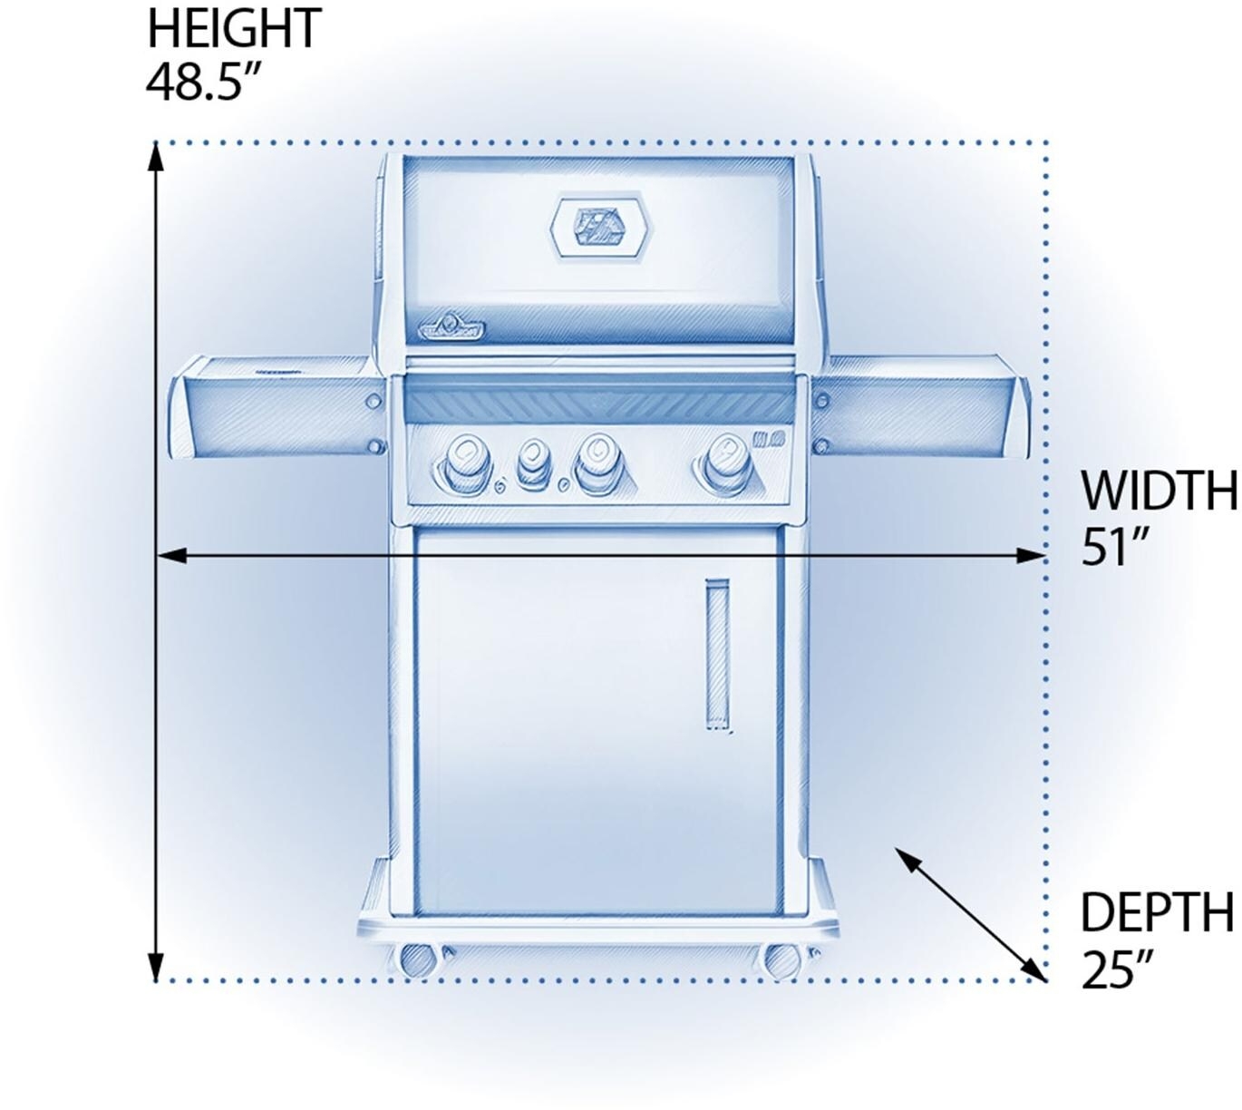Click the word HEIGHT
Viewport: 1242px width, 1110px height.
(234, 28)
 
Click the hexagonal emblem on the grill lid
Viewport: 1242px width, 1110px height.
(600, 227)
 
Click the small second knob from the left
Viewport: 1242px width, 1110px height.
(532, 463)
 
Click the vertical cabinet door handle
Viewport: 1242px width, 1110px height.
(717, 655)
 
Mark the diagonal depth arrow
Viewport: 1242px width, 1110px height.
(970, 914)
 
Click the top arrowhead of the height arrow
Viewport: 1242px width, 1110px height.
(157, 158)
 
